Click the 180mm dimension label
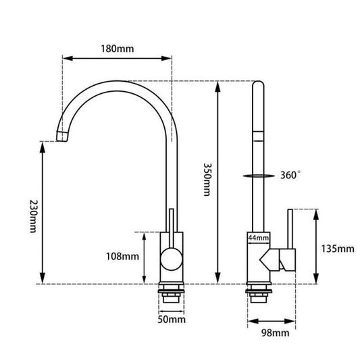[x=118, y=49]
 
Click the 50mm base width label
[x=172, y=319]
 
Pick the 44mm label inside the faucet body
[x=258, y=238]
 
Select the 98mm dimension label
[x=276, y=332]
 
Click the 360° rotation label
[x=290, y=175]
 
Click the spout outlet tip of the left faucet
[x=61, y=136]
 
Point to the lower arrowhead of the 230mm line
[x=43, y=278]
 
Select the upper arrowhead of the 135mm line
[x=316, y=213]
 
